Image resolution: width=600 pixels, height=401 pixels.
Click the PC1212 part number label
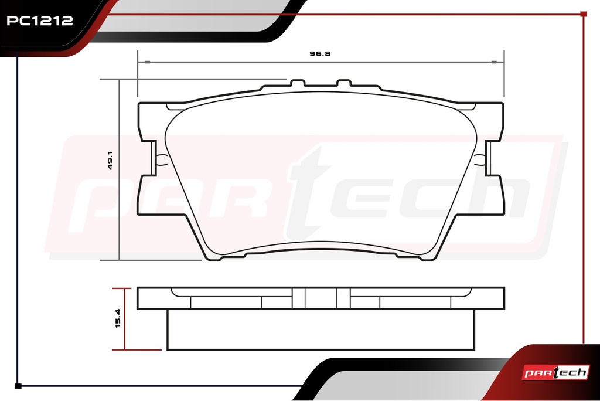point(40,21)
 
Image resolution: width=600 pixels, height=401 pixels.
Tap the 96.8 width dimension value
point(320,53)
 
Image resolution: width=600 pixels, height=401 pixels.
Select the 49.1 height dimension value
point(110,161)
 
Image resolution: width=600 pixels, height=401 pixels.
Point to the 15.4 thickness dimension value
point(118,318)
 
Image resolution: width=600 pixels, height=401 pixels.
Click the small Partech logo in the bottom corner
point(555,372)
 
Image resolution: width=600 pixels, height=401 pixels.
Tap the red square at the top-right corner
point(584,14)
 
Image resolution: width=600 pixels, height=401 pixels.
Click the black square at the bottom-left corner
point(18,386)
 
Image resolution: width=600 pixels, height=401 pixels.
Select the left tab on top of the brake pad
point(297,83)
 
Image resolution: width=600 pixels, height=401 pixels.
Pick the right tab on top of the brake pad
point(344,83)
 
